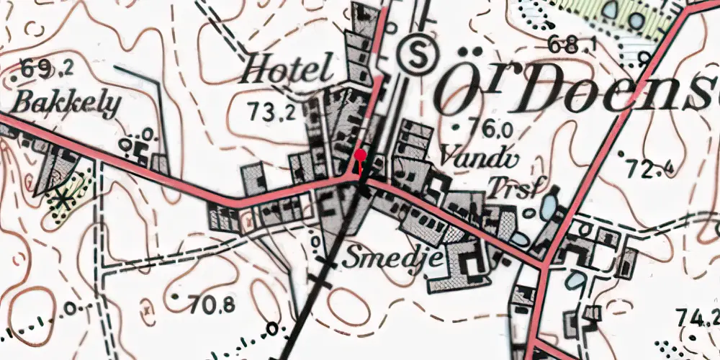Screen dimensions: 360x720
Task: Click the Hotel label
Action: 288,70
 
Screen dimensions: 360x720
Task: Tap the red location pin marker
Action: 360,155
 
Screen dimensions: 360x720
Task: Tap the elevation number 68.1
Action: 573,45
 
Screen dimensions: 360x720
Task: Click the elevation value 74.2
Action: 698,315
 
